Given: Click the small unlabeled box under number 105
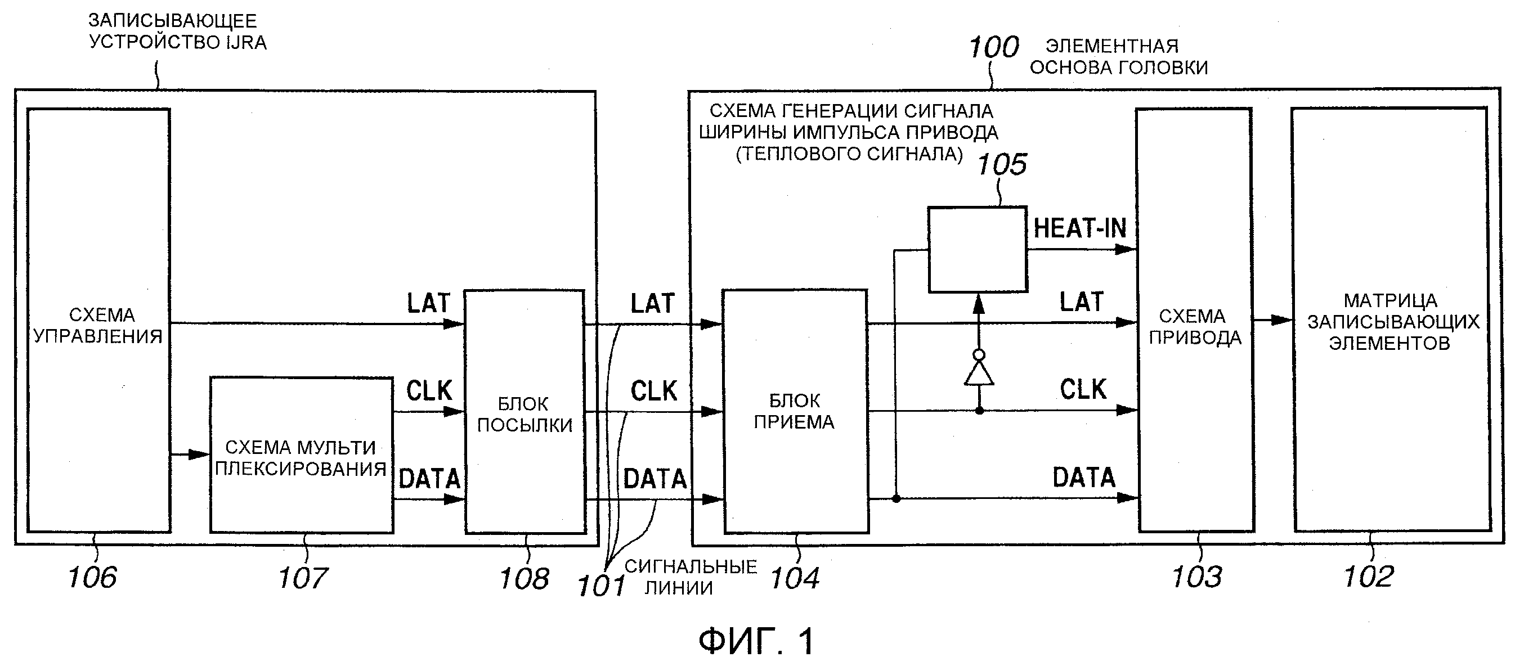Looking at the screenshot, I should (x=978, y=249).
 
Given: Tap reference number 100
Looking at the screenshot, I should (x=993, y=47).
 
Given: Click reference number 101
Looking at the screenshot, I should (x=600, y=586).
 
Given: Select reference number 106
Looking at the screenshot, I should (x=92, y=577).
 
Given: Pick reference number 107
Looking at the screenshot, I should (x=302, y=577).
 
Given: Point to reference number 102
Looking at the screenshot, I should (x=1369, y=576).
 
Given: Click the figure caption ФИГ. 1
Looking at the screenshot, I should (x=756, y=640).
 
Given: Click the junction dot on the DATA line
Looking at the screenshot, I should (x=896, y=498).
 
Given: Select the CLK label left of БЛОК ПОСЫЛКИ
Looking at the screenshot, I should (x=429, y=391).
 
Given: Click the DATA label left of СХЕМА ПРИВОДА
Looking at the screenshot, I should (x=1083, y=478).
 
